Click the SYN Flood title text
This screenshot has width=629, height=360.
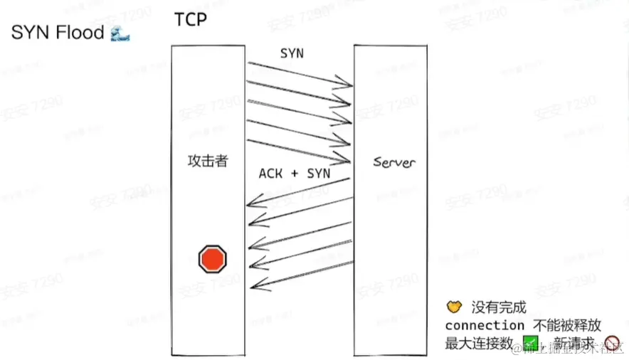coord(57,33)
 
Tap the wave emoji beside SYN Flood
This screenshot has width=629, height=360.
coord(120,33)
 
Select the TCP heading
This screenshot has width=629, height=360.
coord(190,18)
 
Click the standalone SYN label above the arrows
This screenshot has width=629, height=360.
coord(291,54)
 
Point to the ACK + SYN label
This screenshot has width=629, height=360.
coord(294,173)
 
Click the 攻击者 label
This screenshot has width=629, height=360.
coord(207,161)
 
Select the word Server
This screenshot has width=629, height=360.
coord(394,162)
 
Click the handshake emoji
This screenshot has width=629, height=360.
coord(454,307)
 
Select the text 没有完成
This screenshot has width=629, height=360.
coord(498,308)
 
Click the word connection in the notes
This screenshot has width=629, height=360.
coord(484,325)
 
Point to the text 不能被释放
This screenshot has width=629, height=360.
coord(568,325)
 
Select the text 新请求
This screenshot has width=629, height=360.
coord(573,344)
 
